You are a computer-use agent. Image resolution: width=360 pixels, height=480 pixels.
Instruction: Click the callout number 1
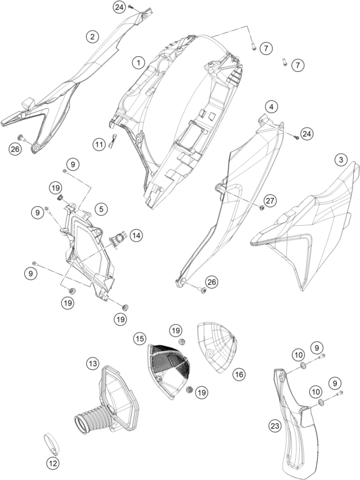click(x=139, y=62)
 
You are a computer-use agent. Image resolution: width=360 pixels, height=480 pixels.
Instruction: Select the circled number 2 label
click(x=92, y=37)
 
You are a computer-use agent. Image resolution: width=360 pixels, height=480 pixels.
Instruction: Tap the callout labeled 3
click(x=341, y=159)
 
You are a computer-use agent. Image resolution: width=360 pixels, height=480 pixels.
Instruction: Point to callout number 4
click(x=271, y=107)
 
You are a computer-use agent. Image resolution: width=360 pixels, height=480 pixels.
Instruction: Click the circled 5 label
click(x=101, y=209)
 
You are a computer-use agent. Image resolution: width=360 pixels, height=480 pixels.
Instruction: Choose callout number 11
click(x=99, y=144)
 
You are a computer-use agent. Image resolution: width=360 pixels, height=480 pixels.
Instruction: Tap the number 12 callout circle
click(x=53, y=464)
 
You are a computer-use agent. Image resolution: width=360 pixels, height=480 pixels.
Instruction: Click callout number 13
click(x=92, y=364)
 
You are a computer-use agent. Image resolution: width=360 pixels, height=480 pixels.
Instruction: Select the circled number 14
click(x=136, y=236)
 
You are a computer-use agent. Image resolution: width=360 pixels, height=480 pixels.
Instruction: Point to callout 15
click(x=139, y=339)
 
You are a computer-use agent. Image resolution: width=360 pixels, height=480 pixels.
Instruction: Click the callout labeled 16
click(x=239, y=374)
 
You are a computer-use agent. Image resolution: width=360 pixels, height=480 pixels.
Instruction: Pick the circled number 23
click(x=275, y=426)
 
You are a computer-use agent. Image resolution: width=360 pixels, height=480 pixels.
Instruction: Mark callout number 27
click(x=271, y=201)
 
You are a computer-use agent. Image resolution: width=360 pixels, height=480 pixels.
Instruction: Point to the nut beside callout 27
click(x=261, y=208)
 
